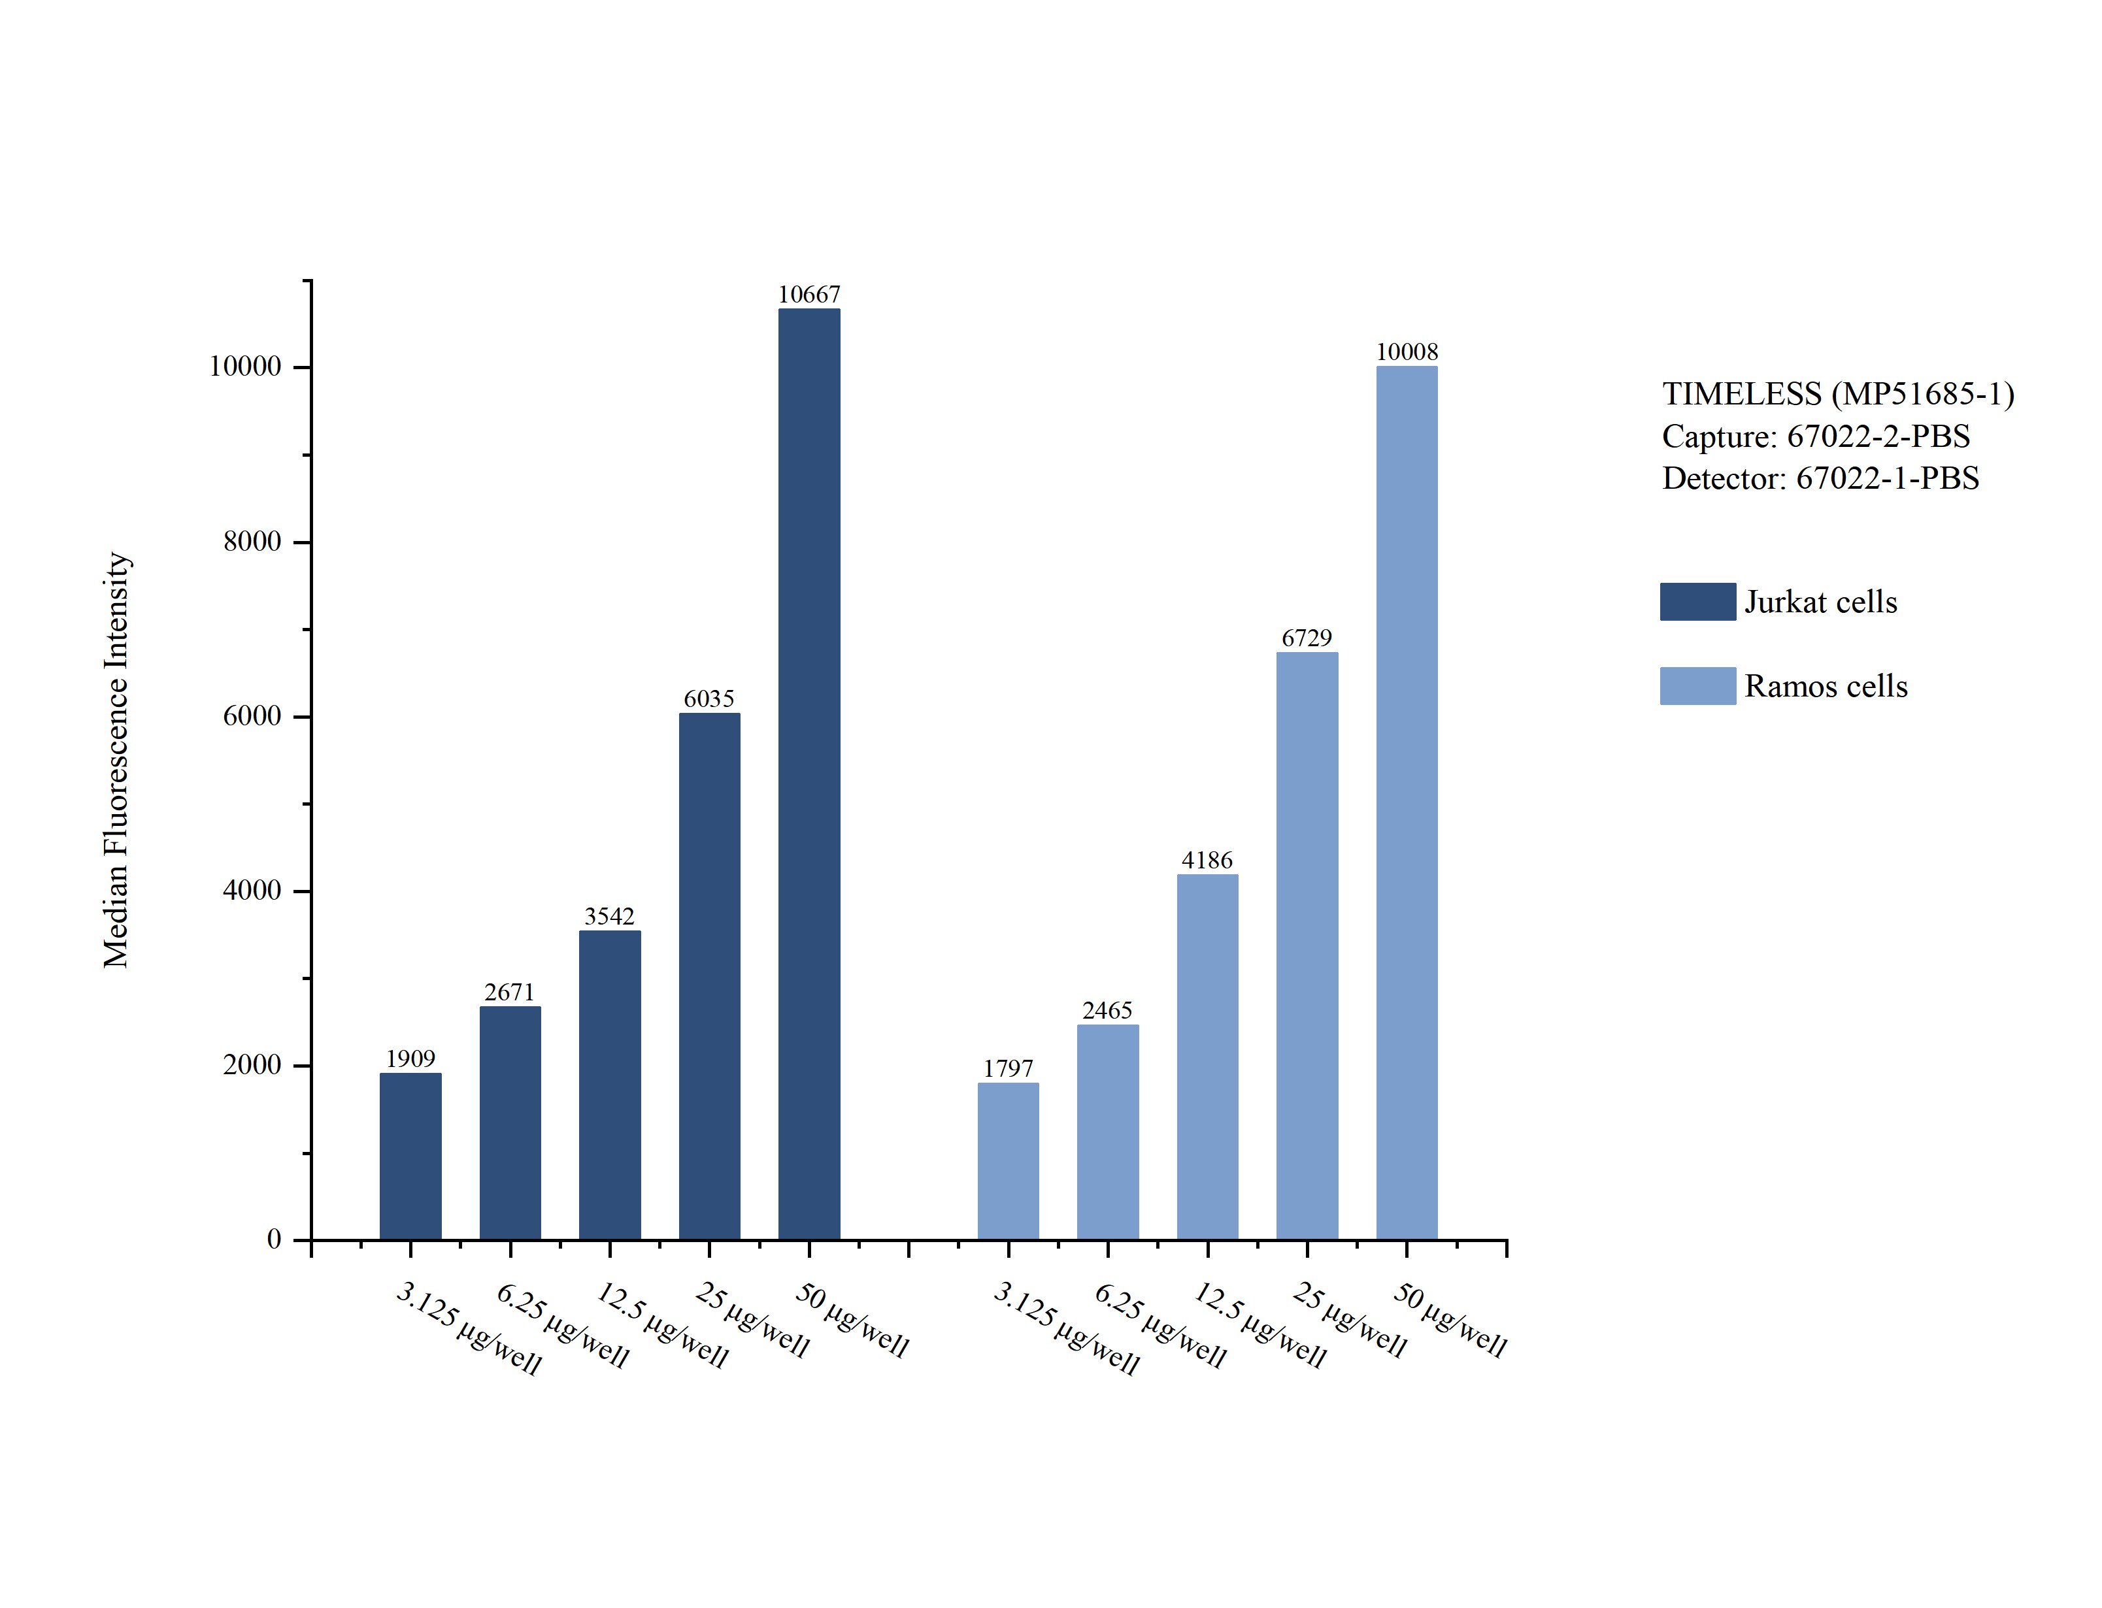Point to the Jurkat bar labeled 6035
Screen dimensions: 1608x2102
click(709, 976)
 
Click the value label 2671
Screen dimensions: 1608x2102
click(509, 992)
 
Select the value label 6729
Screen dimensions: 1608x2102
click(1307, 638)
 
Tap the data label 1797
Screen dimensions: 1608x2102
click(1008, 1068)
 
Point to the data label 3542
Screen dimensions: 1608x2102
click(610, 916)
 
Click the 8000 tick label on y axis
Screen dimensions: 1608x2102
click(252, 542)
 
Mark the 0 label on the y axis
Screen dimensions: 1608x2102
click(274, 1239)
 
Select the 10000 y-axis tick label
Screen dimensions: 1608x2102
click(245, 367)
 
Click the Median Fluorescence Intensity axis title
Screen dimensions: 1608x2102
click(116, 759)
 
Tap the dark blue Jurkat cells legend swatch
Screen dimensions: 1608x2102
click(1697, 602)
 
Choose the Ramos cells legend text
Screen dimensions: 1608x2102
click(1826, 686)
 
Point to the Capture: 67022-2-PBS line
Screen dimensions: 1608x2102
click(1816, 436)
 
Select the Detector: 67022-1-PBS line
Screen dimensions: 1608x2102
click(1820, 478)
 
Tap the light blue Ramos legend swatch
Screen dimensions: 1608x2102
click(1697, 686)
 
